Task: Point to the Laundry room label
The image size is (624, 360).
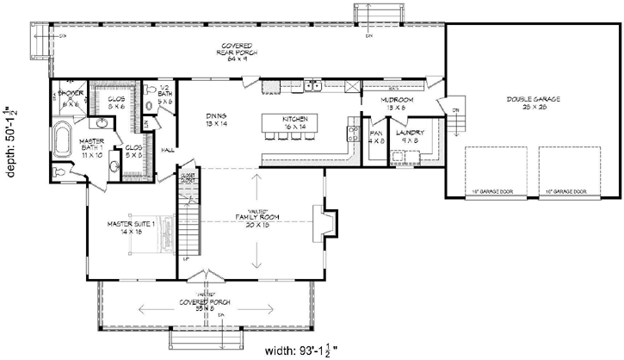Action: tap(407, 137)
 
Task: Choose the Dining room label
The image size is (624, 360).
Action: tap(216, 120)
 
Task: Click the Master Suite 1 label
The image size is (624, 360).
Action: tap(129, 227)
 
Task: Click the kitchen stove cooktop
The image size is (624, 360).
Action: tap(352, 133)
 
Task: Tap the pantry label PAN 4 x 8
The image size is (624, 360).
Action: tap(376, 137)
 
